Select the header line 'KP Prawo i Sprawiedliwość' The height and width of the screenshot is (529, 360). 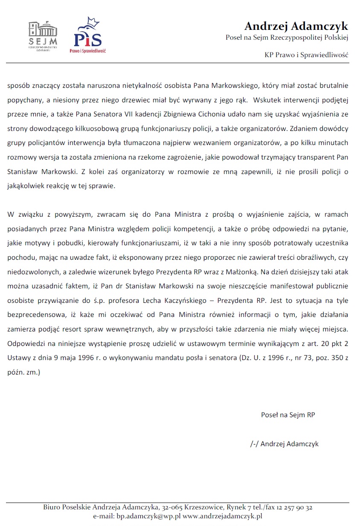(x=307, y=55)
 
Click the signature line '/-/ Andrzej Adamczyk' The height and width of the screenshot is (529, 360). (x=284, y=444)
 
